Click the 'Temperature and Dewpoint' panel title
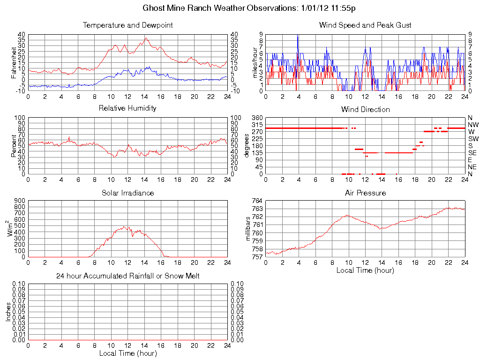click(127, 25)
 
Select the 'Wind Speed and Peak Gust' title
click(365, 25)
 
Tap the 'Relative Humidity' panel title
click(127, 108)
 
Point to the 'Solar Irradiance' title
click(127, 193)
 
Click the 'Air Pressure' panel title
click(365, 193)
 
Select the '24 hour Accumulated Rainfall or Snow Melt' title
click(127, 276)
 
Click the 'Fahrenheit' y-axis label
click(14, 62)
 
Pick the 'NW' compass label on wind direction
click(472, 125)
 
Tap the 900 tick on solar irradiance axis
click(19, 201)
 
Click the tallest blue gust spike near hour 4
click(298, 36)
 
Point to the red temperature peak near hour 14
click(146, 38)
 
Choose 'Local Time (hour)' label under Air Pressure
click(365, 270)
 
